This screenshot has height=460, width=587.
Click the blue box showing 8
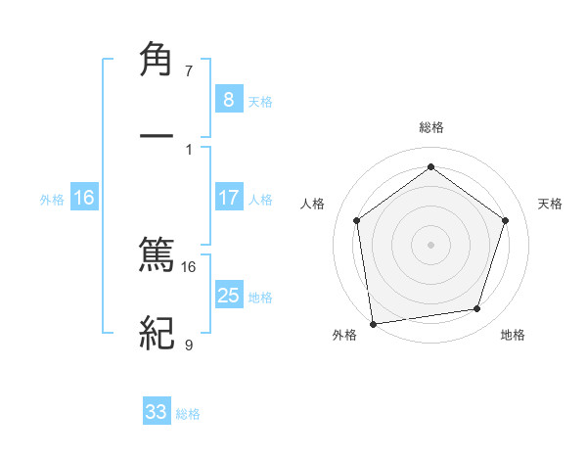228,99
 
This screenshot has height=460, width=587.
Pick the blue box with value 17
228,198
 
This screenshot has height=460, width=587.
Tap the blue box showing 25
228,296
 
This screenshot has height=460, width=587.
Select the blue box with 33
157,412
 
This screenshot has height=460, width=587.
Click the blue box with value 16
84,198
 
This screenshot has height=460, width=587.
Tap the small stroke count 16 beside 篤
189,266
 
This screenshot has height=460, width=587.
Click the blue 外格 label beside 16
52,200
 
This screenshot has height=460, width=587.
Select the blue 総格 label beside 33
188,414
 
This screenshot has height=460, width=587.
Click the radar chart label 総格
430,127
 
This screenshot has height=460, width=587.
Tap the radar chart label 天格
550,204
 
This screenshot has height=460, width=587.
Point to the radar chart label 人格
312,204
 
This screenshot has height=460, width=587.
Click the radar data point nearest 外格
373,322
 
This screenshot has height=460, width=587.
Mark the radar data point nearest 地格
477,308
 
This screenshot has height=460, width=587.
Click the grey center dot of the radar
430,244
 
